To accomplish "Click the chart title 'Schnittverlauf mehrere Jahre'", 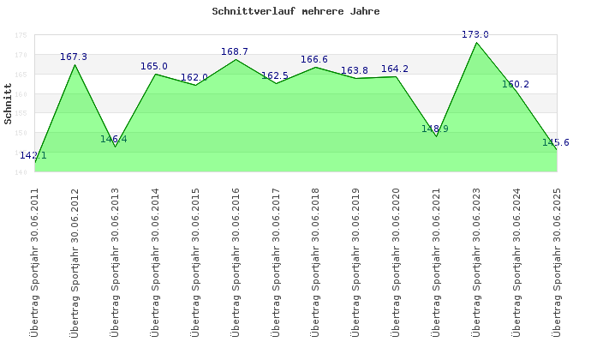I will point(295,12).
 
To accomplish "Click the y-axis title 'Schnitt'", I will point(8,105).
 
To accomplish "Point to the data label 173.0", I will point(475,34).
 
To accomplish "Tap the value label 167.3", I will point(74,57).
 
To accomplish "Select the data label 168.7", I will point(235,51).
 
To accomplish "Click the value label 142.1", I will point(33,155).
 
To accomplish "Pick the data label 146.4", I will point(113,139).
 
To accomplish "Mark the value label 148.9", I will point(435,129).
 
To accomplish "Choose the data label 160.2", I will point(516,84).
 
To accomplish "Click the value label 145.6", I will point(556,142).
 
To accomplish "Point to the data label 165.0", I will point(154,66).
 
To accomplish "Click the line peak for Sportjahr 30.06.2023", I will point(476,43).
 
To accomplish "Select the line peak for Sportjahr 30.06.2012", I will point(75,65).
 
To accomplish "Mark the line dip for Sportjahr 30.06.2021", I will point(436,136).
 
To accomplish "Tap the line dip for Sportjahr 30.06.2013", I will point(115,147).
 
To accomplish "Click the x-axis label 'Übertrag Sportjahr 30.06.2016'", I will point(235,261).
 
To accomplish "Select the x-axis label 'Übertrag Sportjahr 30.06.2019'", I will point(355,261).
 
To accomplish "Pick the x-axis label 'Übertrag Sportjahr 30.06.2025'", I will point(557,261).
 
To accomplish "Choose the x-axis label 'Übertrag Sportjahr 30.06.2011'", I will point(34,261).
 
